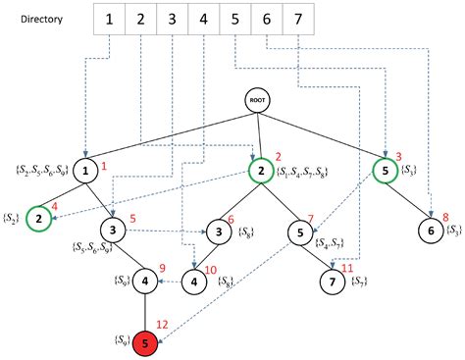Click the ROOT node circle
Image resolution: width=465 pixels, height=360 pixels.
[x=257, y=100]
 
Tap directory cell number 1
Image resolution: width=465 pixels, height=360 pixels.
[x=109, y=19]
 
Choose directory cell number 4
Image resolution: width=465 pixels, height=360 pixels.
[x=203, y=19]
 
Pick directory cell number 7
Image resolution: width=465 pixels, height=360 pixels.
[x=297, y=19]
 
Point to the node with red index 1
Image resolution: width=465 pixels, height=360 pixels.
[x=86, y=172]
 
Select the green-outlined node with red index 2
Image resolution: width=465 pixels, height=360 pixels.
[x=260, y=172]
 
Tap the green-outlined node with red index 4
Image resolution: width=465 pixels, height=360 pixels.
[x=39, y=218]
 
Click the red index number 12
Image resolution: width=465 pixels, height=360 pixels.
[x=163, y=325]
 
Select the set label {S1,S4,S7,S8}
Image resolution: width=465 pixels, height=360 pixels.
[x=307, y=174]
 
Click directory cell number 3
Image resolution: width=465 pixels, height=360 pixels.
[x=172, y=19]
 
